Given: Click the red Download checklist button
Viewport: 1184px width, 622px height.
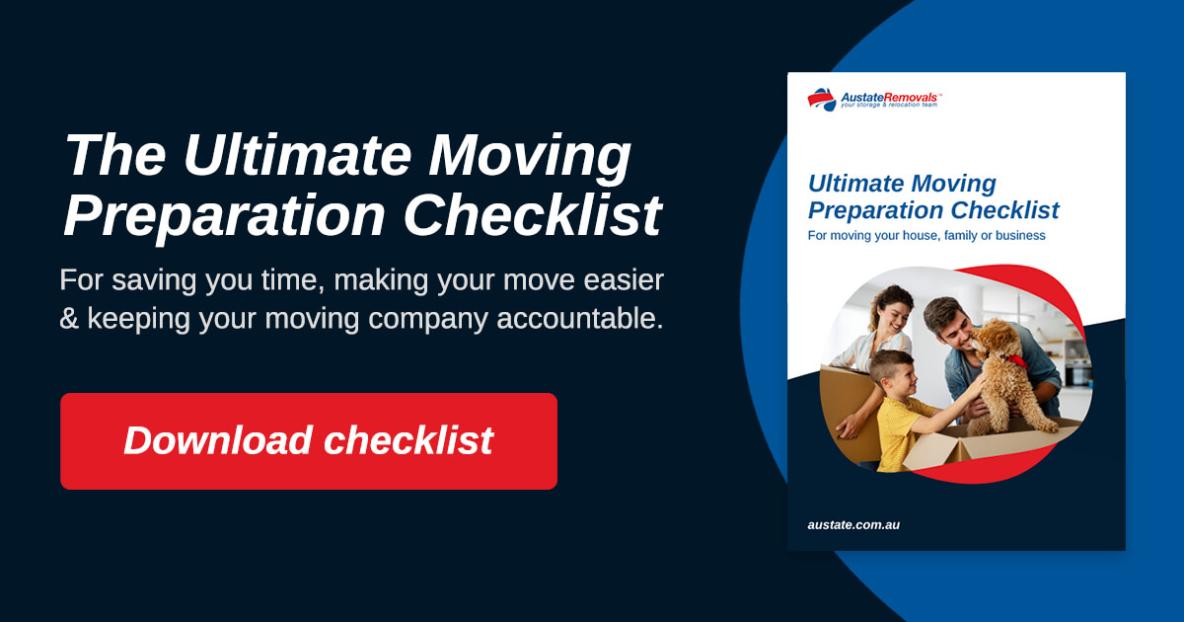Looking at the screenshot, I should pyautogui.click(x=308, y=440).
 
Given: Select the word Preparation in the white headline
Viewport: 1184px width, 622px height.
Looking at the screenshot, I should pyautogui.click(x=226, y=215).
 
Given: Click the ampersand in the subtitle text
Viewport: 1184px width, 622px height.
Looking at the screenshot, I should pyautogui.click(x=69, y=319).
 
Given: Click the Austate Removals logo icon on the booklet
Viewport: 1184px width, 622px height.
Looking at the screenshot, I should pyautogui.click(x=821, y=99).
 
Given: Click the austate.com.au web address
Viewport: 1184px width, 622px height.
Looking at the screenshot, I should pyautogui.click(x=853, y=524).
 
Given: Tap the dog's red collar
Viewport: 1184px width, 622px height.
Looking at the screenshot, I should pyautogui.click(x=1010, y=361).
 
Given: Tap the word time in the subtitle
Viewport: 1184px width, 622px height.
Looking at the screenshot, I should pyautogui.click(x=295, y=280).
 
